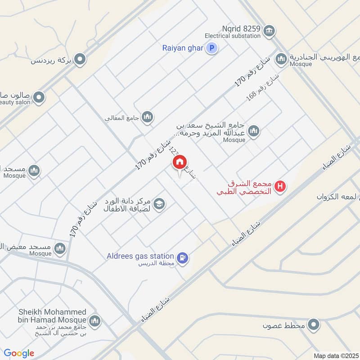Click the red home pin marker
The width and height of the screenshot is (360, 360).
point(180,162)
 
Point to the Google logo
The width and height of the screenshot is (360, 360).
point(19,353)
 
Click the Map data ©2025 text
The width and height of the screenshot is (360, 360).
point(335,355)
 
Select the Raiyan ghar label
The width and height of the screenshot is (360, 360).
point(183,48)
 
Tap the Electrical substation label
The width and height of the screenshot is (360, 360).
point(232,36)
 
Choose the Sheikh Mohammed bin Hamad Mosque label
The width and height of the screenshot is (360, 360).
point(52,316)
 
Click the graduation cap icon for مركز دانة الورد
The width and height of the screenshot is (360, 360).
point(159,204)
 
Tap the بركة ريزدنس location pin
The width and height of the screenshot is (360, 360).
point(81,59)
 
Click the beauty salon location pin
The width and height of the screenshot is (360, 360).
point(39,97)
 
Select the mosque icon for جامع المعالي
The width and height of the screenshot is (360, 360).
point(147,118)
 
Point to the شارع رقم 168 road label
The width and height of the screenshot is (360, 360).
point(263,87)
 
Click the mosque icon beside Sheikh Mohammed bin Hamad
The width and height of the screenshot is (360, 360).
point(94,321)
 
